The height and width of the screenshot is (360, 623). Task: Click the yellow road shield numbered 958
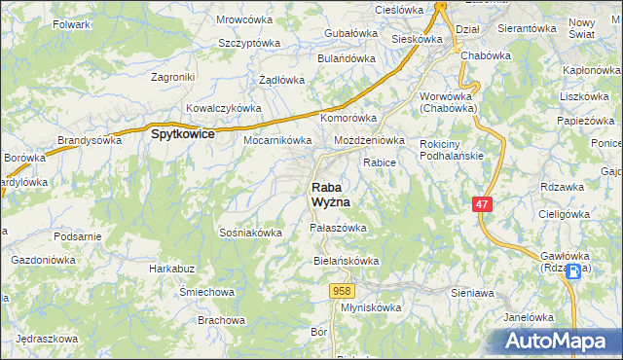[341, 290]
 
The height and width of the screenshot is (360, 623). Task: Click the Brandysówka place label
[90, 140]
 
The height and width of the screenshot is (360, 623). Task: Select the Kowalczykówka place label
[223, 108]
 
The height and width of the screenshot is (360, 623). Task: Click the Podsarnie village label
[79, 236]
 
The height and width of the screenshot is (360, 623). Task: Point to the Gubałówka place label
[349, 32]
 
